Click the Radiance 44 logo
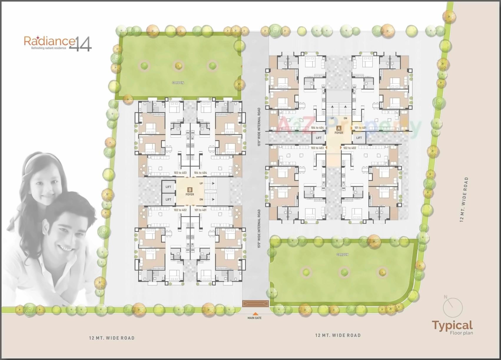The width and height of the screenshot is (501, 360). coord(58,44)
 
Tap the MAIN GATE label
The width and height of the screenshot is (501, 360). coord(254,318)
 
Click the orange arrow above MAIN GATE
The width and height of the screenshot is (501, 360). coord(255,313)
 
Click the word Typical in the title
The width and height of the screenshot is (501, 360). coord(452,325)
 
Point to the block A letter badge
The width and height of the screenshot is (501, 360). coord(339,128)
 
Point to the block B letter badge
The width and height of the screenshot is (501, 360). coord(190,190)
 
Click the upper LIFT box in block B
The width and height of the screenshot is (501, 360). coord(168,187)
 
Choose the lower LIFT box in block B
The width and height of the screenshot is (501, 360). coord(168,199)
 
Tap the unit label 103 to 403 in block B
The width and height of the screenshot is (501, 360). coord(180,173)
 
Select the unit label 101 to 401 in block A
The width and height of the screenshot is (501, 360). coord(360,128)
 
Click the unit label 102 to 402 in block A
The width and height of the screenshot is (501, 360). coord(349,148)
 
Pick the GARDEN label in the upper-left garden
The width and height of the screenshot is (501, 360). coord(178,83)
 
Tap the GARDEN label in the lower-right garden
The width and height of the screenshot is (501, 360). coord(342,254)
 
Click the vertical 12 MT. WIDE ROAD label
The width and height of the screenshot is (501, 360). coord(464,199)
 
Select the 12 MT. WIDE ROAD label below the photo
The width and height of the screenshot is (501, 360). coord(112,338)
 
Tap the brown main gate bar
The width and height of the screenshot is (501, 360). coord(255,303)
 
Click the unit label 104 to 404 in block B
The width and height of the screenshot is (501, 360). coord(200,173)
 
